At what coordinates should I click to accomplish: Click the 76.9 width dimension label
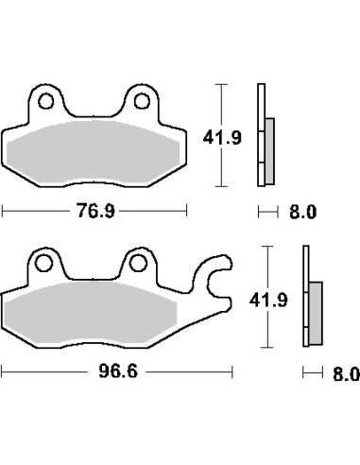95,211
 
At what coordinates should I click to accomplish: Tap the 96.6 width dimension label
118,371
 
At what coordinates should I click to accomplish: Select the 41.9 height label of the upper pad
222,138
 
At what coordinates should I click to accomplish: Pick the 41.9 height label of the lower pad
268,301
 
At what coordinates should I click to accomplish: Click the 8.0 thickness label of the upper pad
302,212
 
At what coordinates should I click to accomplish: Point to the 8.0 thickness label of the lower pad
346,374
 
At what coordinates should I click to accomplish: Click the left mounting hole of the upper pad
45,101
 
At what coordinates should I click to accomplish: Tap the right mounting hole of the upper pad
142,101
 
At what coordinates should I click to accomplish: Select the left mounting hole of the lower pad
43,263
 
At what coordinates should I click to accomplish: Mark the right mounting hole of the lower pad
138,264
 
